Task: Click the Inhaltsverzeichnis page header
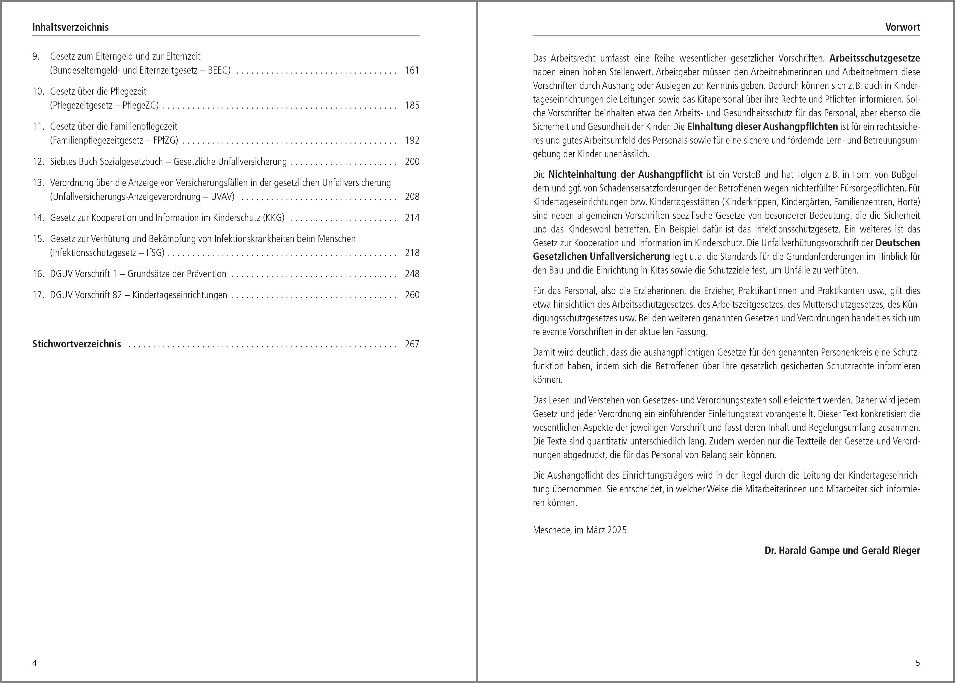click(x=70, y=27)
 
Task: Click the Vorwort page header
click(x=903, y=27)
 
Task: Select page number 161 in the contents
click(x=412, y=70)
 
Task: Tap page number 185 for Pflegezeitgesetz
click(x=412, y=105)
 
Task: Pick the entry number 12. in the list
click(x=38, y=161)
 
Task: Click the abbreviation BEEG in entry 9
click(x=217, y=70)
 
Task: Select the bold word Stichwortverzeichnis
click(x=77, y=344)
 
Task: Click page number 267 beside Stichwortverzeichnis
click(x=412, y=344)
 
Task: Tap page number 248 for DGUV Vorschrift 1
click(x=412, y=274)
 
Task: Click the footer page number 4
click(x=34, y=663)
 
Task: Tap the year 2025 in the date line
click(x=617, y=530)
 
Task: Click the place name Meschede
click(x=552, y=530)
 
